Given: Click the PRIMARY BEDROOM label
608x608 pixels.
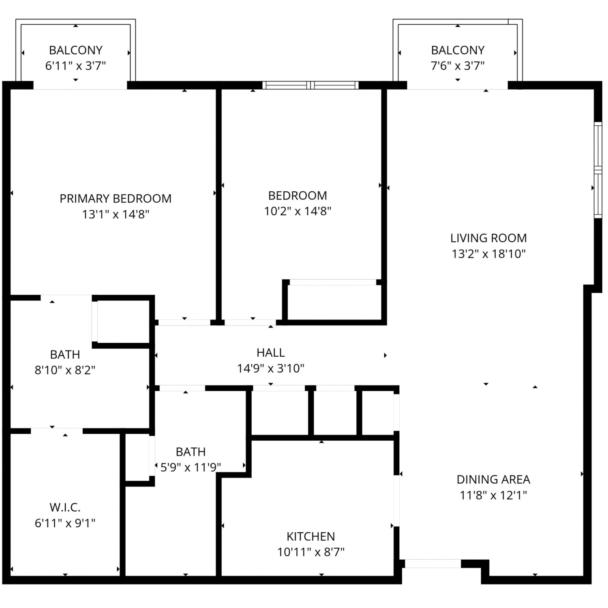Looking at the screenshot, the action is pyautogui.click(x=116, y=199).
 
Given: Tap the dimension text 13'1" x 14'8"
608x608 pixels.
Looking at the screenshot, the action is pyautogui.click(x=116, y=214).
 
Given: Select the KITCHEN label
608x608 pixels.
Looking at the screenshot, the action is pyautogui.click(x=311, y=537).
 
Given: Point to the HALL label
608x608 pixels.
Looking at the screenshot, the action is pyautogui.click(x=271, y=353).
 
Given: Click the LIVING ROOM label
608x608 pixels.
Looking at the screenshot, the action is pyautogui.click(x=488, y=238).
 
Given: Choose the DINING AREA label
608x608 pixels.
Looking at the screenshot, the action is pyautogui.click(x=493, y=480).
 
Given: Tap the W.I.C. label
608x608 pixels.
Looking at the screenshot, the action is pyautogui.click(x=65, y=507).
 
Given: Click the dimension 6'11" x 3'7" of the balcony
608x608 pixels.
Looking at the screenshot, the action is pyautogui.click(x=75, y=66).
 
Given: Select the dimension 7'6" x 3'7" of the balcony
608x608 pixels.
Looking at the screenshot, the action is pyautogui.click(x=458, y=66).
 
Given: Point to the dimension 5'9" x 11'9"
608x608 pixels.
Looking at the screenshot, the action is pyautogui.click(x=191, y=467).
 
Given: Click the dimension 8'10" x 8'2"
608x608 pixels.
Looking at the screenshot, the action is pyautogui.click(x=65, y=370).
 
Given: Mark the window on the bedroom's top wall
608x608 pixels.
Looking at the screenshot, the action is pyautogui.click(x=310, y=85).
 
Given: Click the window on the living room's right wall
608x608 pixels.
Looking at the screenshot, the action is pyautogui.click(x=598, y=170).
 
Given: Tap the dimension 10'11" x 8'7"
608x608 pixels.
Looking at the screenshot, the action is pyautogui.click(x=311, y=552).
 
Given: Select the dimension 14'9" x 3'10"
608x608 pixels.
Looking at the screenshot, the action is pyautogui.click(x=271, y=368).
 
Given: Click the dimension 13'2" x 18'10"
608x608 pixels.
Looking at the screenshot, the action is pyautogui.click(x=488, y=254).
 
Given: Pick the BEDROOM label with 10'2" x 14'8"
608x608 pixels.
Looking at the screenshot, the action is pyautogui.click(x=298, y=196).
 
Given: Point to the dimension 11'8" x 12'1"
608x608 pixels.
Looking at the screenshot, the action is pyautogui.click(x=493, y=495).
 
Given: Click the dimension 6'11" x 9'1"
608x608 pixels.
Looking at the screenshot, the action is pyautogui.click(x=65, y=523).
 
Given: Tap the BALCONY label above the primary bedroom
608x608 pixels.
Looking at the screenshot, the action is pyautogui.click(x=75, y=50).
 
